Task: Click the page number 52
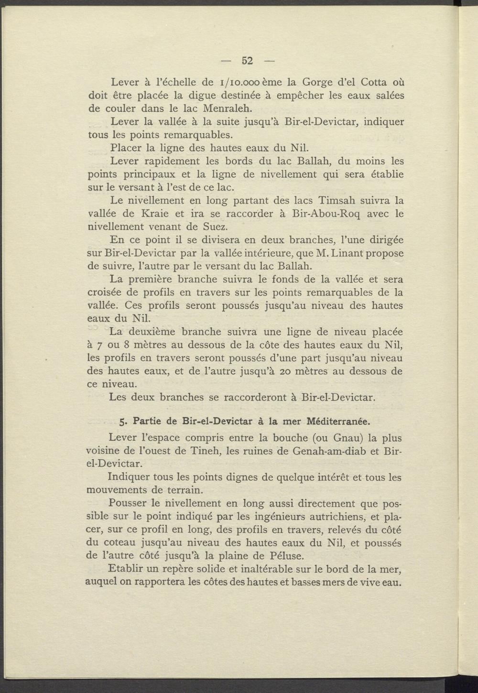click(247, 61)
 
